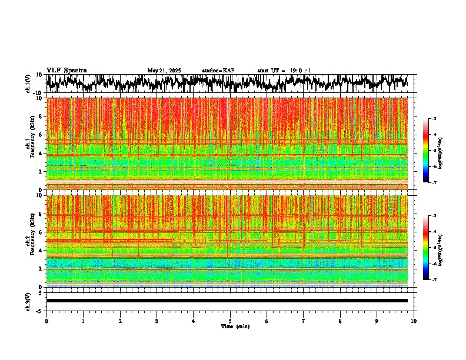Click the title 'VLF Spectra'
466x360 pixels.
pos(66,70)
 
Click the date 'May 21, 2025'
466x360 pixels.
pos(164,71)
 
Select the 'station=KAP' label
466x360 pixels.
pos(218,71)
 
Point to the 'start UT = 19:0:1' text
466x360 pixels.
pos(284,71)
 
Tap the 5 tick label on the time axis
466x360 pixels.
pos(230,321)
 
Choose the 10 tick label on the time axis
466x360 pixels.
pos(414,321)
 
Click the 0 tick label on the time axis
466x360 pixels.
pos(46,321)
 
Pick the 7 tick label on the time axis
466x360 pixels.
pos(304,321)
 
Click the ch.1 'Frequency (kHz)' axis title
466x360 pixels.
pos(34,144)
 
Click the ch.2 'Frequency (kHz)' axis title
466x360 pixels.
pos(34,241)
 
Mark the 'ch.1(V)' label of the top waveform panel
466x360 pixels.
pos(28,84)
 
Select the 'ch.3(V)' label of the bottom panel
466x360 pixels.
pos(28,301)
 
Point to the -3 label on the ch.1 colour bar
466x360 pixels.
pos(435,119)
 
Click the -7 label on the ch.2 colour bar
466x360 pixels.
pos(435,280)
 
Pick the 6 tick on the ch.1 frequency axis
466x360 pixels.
pos(40,135)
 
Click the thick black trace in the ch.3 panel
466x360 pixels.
pos(227,301)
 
